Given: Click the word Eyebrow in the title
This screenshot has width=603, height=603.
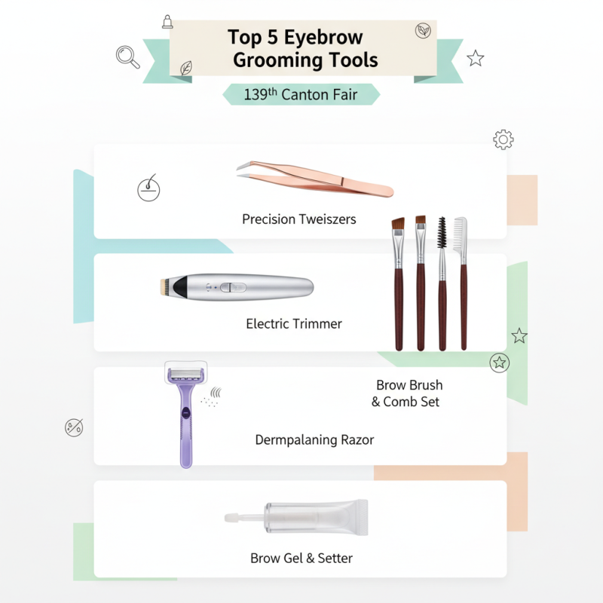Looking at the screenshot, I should [x=329, y=37].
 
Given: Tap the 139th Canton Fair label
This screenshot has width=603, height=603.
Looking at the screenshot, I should [x=300, y=95].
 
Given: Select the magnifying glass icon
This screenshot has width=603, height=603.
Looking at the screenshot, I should [x=127, y=55].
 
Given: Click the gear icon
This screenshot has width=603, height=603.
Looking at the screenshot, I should [x=503, y=139].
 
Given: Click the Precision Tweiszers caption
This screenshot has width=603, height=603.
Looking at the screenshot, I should [x=298, y=219].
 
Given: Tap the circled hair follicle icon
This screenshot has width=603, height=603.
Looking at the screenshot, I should [x=148, y=189].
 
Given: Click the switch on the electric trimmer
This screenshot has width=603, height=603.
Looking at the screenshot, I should [x=234, y=287].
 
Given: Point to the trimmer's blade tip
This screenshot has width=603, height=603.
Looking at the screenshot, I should [x=161, y=286].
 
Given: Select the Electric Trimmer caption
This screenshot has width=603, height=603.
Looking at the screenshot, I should [x=294, y=324].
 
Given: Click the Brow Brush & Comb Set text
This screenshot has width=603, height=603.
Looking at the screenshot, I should [x=408, y=393].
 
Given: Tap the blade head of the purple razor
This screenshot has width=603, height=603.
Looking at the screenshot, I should [x=185, y=374].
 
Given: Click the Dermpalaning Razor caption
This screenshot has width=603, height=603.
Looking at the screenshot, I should [x=314, y=439].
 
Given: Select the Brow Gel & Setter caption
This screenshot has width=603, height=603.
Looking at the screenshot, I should [x=301, y=559].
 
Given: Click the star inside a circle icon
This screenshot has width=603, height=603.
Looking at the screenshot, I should [x=499, y=363].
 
